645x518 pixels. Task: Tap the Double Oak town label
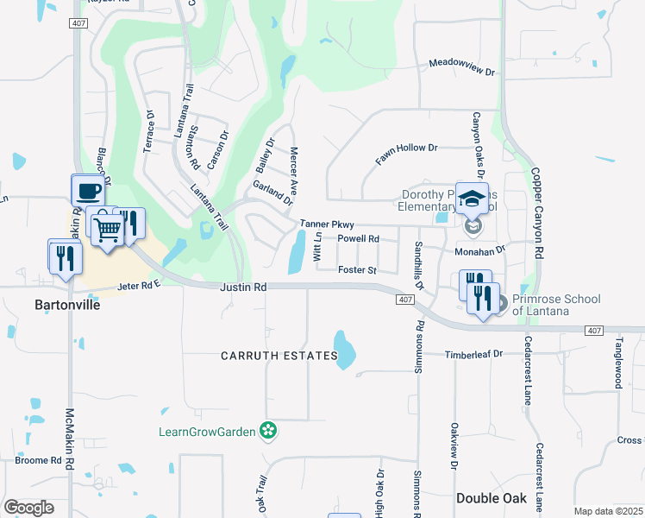coord(491,498)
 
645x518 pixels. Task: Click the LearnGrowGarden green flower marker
coord(269,430)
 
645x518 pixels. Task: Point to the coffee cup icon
coord(87,190)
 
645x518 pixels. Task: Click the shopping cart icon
coord(107,229)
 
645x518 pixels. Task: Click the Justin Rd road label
coord(243,287)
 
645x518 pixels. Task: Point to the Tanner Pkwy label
coord(327,224)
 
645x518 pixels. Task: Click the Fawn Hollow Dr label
coord(407,154)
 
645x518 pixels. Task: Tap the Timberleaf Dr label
coord(473,354)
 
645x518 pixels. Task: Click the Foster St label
coord(357,270)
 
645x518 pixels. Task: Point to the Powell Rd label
coord(358,238)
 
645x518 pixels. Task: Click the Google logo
coord(29,507)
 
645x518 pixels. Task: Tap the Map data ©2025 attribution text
coord(608,511)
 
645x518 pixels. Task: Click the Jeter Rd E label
coord(139,285)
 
